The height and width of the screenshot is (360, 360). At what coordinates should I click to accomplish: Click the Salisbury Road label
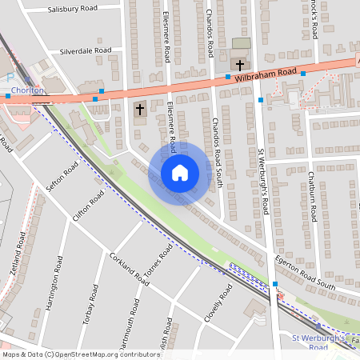(73, 9)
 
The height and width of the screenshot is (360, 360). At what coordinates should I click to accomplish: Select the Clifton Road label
(88, 207)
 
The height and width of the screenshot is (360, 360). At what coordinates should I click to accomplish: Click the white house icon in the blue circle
(180, 173)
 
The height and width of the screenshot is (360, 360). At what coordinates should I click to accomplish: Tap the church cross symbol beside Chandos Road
(239, 63)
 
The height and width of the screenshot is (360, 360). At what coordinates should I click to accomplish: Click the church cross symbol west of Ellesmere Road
(140, 109)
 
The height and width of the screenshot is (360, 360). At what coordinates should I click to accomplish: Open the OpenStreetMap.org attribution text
(80, 354)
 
